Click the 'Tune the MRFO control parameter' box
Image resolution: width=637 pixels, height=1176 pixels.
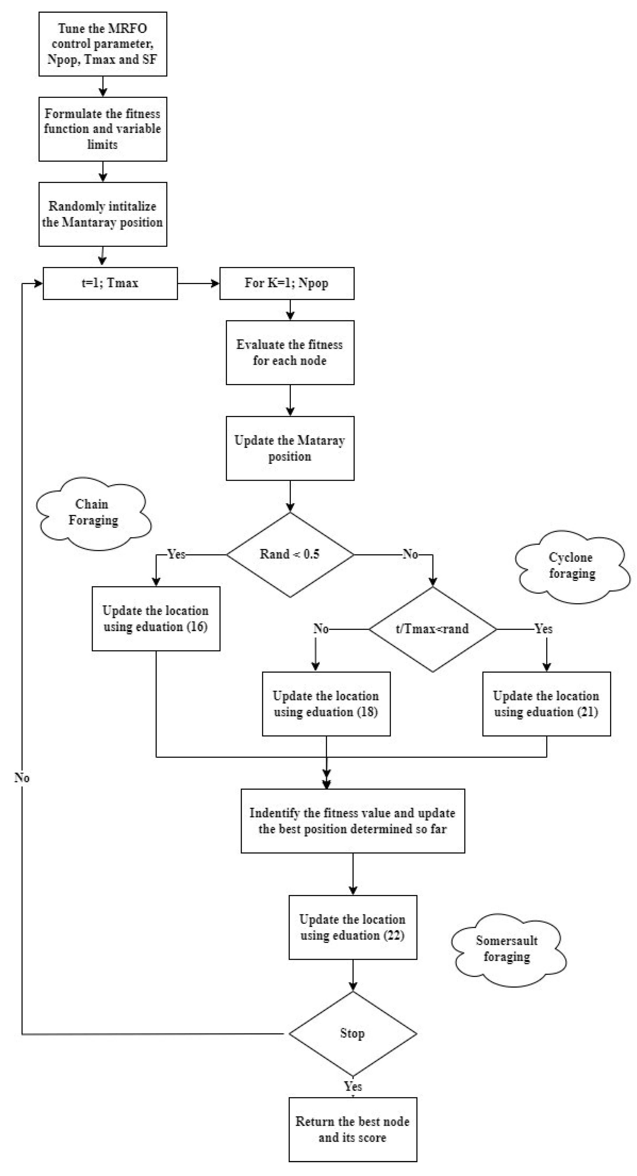[x=103, y=44]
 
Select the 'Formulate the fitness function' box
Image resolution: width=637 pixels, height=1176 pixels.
[x=103, y=129]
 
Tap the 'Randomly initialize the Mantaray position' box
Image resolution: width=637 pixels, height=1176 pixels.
[x=103, y=214]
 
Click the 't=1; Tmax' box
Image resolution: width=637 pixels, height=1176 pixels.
[x=110, y=283]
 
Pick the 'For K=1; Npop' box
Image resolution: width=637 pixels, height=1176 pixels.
[x=287, y=283]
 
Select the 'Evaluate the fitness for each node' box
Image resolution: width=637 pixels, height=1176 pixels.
[x=290, y=353]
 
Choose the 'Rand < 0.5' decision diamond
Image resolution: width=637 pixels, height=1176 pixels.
[x=290, y=555]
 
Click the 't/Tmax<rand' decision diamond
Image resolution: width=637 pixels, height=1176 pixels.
[x=432, y=629]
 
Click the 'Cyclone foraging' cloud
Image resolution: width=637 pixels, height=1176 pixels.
[x=572, y=566]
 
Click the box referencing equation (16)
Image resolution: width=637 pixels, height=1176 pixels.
[x=156, y=619]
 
